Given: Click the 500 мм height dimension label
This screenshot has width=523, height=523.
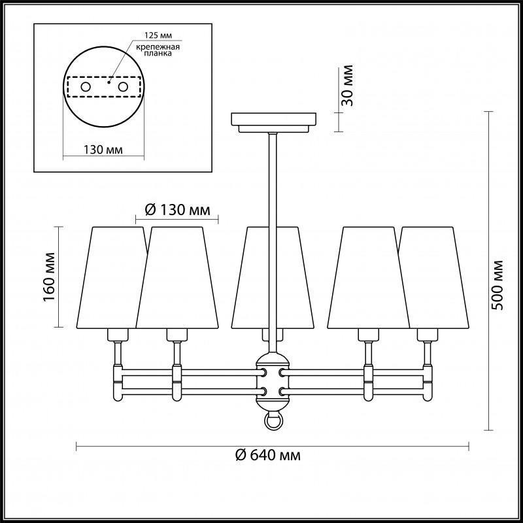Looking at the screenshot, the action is pyautogui.click(x=498, y=285).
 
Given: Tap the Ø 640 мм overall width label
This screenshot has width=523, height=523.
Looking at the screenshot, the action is pyautogui.click(x=268, y=455).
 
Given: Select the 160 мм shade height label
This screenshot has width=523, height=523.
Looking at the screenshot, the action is pyautogui.click(x=49, y=277).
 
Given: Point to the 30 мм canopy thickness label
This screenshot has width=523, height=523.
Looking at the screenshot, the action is pyautogui.click(x=348, y=86).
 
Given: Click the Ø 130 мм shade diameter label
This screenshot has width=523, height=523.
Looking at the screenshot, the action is pyautogui.click(x=178, y=210).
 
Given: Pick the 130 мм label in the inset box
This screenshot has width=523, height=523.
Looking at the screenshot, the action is pyautogui.click(x=103, y=150).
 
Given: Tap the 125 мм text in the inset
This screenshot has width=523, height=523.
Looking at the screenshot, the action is pyautogui.click(x=158, y=35).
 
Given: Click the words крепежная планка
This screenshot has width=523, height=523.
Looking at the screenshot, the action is pyautogui.click(x=158, y=50).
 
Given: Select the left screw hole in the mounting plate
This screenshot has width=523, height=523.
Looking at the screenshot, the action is pyautogui.click(x=86, y=87).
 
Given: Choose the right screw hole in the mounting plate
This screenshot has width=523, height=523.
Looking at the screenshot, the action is pyautogui.click(x=123, y=87).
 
